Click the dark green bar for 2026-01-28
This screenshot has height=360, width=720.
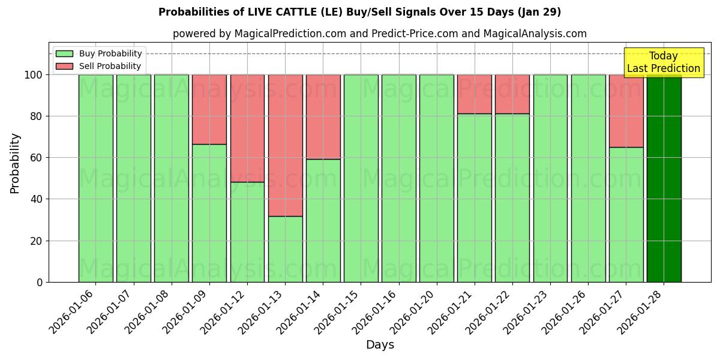click(664, 178)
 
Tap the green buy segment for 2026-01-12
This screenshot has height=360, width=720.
click(247, 232)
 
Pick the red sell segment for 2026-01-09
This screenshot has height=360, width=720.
click(209, 109)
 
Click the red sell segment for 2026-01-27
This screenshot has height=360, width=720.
click(626, 111)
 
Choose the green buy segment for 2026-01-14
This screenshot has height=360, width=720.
click(323, 220)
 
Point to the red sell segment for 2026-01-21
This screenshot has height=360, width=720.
click(474, 94)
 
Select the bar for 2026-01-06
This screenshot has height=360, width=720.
click(95, 178)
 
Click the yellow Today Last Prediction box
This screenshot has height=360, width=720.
click(664, 62)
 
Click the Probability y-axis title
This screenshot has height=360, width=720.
click(15, 163)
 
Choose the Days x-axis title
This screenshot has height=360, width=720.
click(380, 345)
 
